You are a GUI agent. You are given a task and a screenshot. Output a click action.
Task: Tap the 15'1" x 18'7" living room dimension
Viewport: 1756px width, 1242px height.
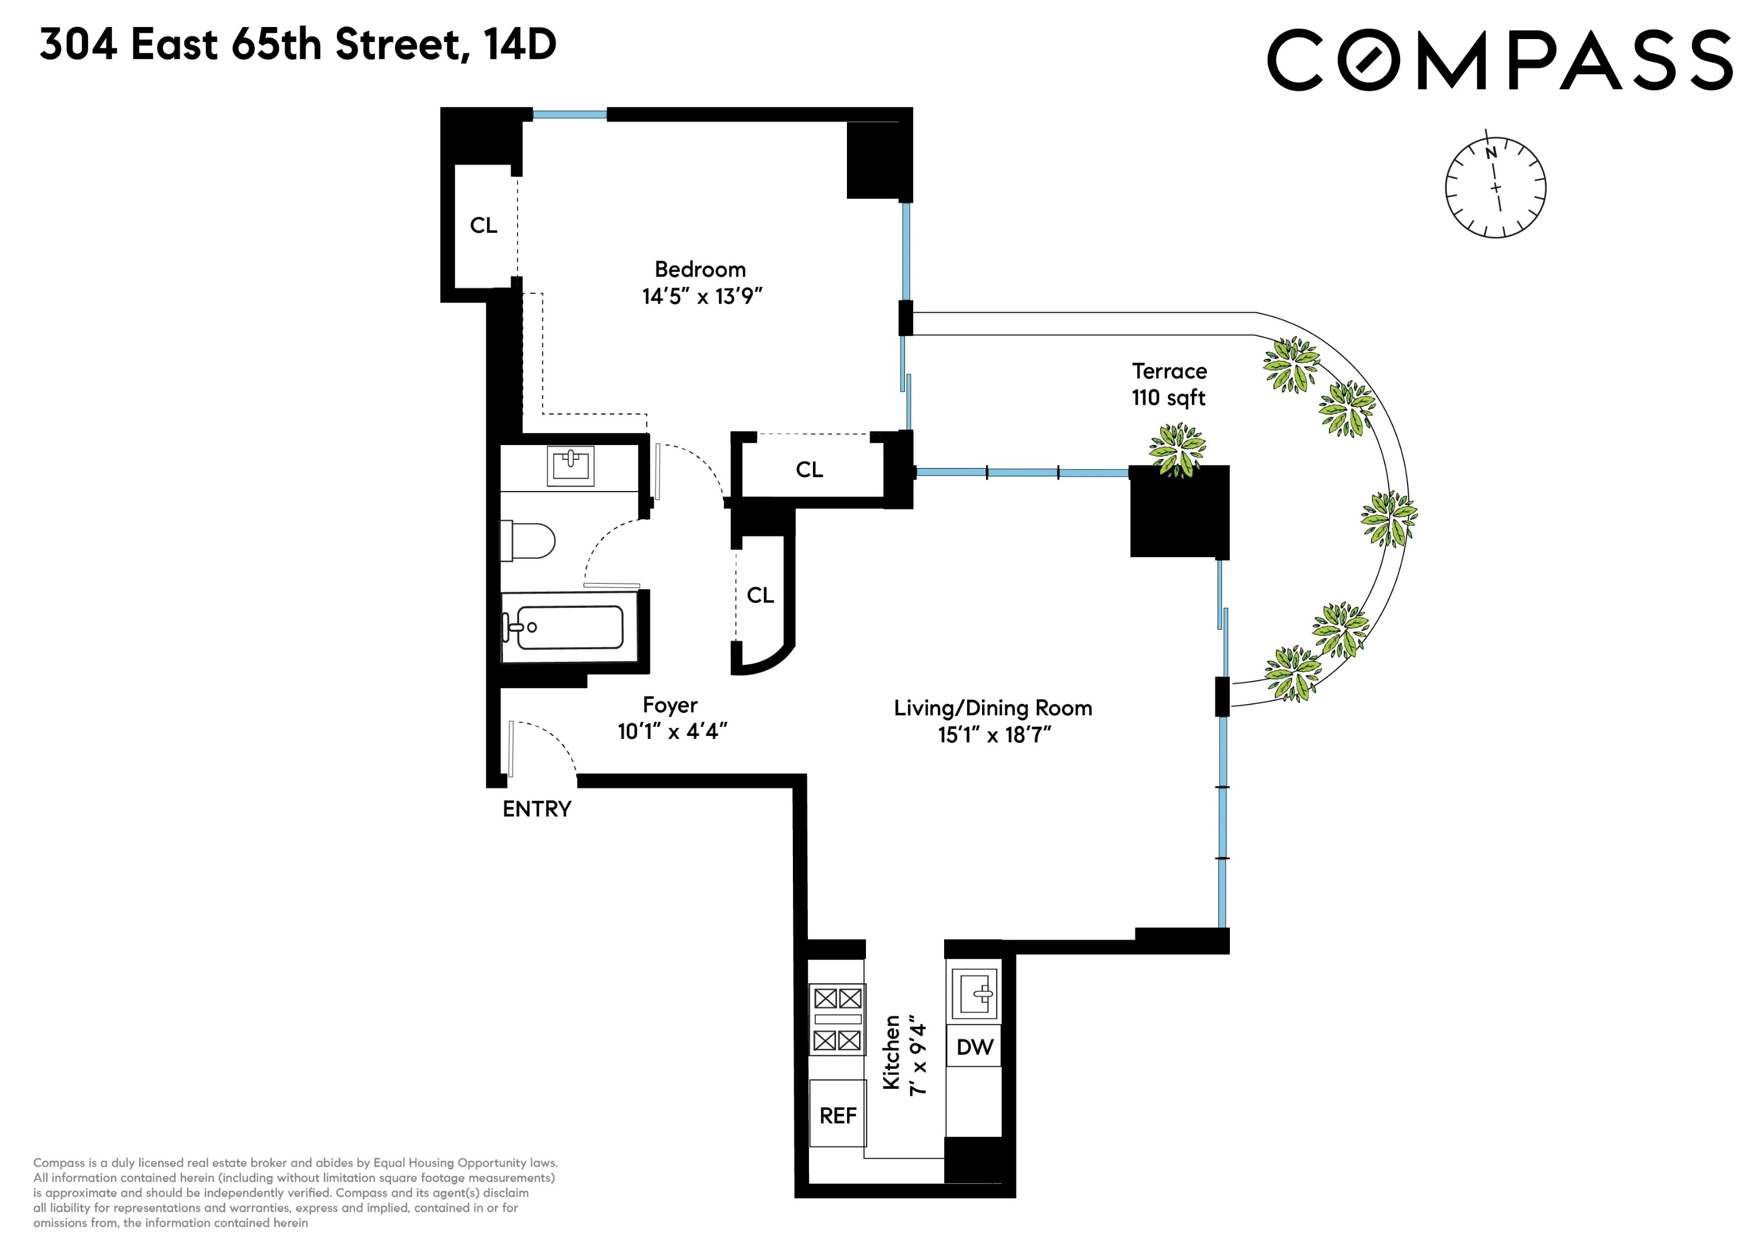pyautogui.click(x=994, y=735)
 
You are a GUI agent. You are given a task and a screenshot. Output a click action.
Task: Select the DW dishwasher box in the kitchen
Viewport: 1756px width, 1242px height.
pyautogui.click(x=975, y=1047)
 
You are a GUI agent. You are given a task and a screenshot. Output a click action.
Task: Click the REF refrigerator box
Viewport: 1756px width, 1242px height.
pyautogui.click(x=838, y=1116)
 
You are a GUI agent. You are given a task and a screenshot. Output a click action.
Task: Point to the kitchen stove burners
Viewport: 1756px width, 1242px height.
pyautogui.click(x=838, y=1019)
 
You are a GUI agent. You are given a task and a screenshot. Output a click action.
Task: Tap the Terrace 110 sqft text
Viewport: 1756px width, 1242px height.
pyautogui.click(x=1168, y=385)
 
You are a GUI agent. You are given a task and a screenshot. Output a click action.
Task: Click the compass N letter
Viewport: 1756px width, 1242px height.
pyautogui.click(x=1490, y=154)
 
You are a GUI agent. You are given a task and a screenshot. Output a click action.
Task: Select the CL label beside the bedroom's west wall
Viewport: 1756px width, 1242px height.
pyautogui.click(x=484, y=225)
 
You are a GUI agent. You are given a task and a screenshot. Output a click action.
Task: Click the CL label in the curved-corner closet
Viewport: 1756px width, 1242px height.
pyautogui.click(x=760, y=595)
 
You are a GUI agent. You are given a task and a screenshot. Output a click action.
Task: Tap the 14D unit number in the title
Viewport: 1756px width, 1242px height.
pyautogui.click(x=520, y=44)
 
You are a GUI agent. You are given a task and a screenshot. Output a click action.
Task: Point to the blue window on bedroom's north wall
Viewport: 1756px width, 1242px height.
pyautogui.click(x=570, y=115)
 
